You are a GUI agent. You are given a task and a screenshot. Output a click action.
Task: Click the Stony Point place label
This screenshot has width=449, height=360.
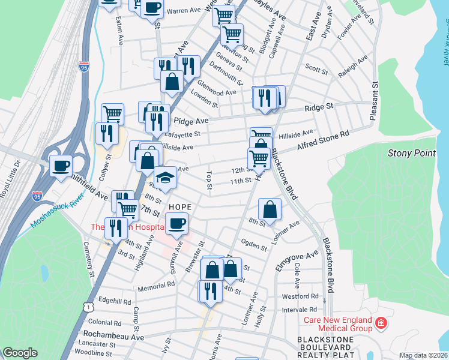412,153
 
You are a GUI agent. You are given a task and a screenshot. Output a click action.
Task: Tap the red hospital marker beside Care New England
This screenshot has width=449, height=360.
380,324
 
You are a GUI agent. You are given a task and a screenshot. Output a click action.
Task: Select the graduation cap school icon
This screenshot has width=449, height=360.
165,178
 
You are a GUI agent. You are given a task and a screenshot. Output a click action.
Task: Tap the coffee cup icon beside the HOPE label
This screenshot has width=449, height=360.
176,224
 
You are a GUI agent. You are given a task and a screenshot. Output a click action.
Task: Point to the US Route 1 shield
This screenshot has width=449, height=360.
89,306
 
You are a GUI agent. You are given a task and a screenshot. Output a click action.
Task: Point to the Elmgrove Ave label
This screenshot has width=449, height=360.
297,262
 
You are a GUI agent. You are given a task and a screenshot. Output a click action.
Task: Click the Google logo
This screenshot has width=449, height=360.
20,353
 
